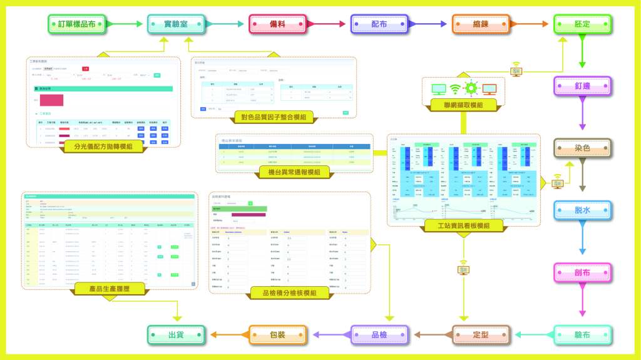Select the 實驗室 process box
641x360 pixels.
click(x=176, y=24)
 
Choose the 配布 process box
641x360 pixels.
click(x=379, y=24)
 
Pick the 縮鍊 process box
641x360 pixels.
click(x=481, y=24)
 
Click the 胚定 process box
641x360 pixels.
click(x=582, y=24)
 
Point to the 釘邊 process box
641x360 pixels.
click(x=582, y=86)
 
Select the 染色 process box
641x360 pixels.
click(x=582, y=148)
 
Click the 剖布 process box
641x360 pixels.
click(x=582, y=272)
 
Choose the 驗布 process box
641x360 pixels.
click(x=582, y=334)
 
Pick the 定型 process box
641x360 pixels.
click(x=481, y=334)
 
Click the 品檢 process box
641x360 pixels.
click(x=379, y=334)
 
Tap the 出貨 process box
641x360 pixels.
click(x=176, y=334)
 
